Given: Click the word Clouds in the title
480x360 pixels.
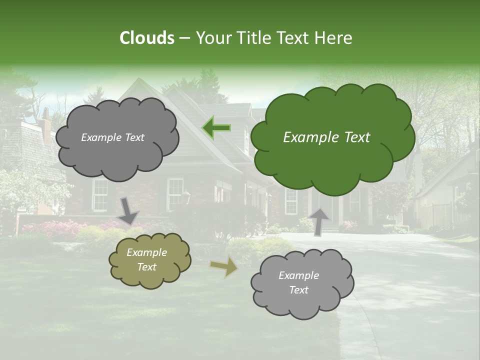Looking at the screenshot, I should point(146,38).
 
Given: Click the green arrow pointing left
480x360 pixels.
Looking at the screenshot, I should point(216,128).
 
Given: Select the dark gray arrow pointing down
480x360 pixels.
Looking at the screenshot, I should point(128,210).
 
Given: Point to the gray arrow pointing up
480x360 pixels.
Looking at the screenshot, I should point(318,221).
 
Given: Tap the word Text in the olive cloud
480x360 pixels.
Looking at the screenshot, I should point(147,267).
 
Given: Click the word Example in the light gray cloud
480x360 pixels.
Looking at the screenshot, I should point(298,275).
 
